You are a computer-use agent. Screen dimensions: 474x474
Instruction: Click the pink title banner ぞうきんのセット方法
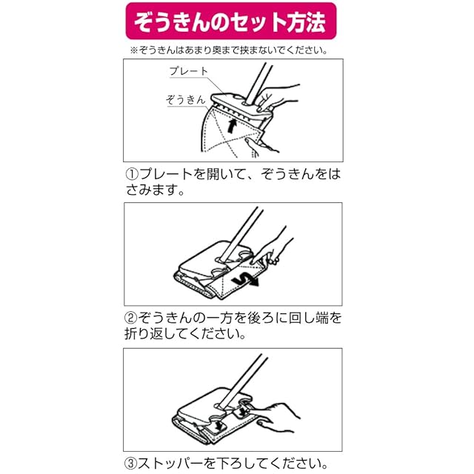(x=231, y=21)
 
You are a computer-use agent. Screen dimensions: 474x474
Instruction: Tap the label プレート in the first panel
(x=189, y=71)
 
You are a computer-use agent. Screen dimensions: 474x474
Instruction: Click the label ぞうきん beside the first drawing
(x=186, y=99)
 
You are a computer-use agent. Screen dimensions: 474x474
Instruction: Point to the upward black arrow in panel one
(x=231, y=126)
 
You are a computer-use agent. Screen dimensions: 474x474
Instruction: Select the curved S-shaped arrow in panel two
(x=245, y=280)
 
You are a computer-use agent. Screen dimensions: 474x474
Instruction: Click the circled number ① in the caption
(x=132, y=174)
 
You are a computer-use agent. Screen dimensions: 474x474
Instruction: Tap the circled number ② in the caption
(x=131, y=318)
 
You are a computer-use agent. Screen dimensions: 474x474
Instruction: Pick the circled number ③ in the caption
(x=131, y=463)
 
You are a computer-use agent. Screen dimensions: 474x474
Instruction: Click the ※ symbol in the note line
(x=133, y=50)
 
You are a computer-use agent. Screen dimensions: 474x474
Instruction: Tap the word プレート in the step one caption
(x=166, y=174)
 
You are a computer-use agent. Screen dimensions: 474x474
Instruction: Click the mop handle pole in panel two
(x=240, y=233)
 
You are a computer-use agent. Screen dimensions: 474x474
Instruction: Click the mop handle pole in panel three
(x=243, y=380)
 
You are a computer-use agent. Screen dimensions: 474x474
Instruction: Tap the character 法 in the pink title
(x=316, y=21)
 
